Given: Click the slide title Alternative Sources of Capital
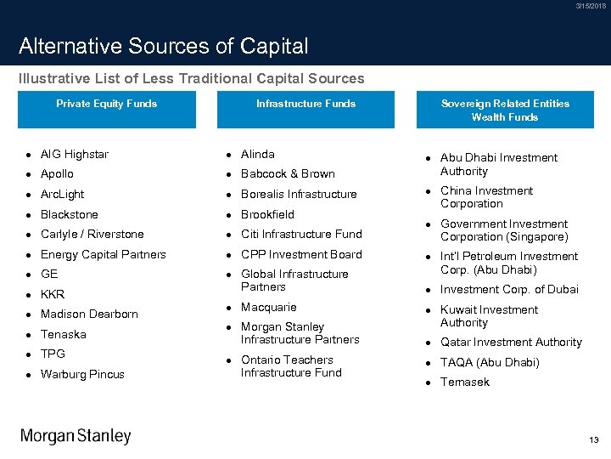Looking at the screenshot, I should point(163,46).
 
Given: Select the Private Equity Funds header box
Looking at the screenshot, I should point(107,110).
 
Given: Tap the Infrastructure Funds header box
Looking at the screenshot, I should point(305,110).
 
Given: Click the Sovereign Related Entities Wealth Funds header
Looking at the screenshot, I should point(505,110).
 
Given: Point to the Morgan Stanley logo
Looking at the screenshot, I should point(76,436).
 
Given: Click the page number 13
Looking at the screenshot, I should point(593,439).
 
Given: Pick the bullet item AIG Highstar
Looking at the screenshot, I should point(75,155).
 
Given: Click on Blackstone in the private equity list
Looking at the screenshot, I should point(70,215).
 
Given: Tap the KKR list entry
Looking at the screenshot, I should point(53,294).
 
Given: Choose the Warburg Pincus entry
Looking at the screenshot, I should point(82,374).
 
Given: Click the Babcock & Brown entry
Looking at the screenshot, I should point(288,174).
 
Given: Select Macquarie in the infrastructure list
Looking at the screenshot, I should point(268,307).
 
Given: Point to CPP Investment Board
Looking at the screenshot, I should point(301,254).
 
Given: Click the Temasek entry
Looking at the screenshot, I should point(465,382).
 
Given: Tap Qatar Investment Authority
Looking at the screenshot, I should point(511,343).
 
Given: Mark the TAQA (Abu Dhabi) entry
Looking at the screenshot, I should point(490,362).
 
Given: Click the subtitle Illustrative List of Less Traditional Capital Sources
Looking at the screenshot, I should point(192,78).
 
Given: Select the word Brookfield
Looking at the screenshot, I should point(267,215).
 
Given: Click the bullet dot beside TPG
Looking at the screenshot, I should point(29,354).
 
